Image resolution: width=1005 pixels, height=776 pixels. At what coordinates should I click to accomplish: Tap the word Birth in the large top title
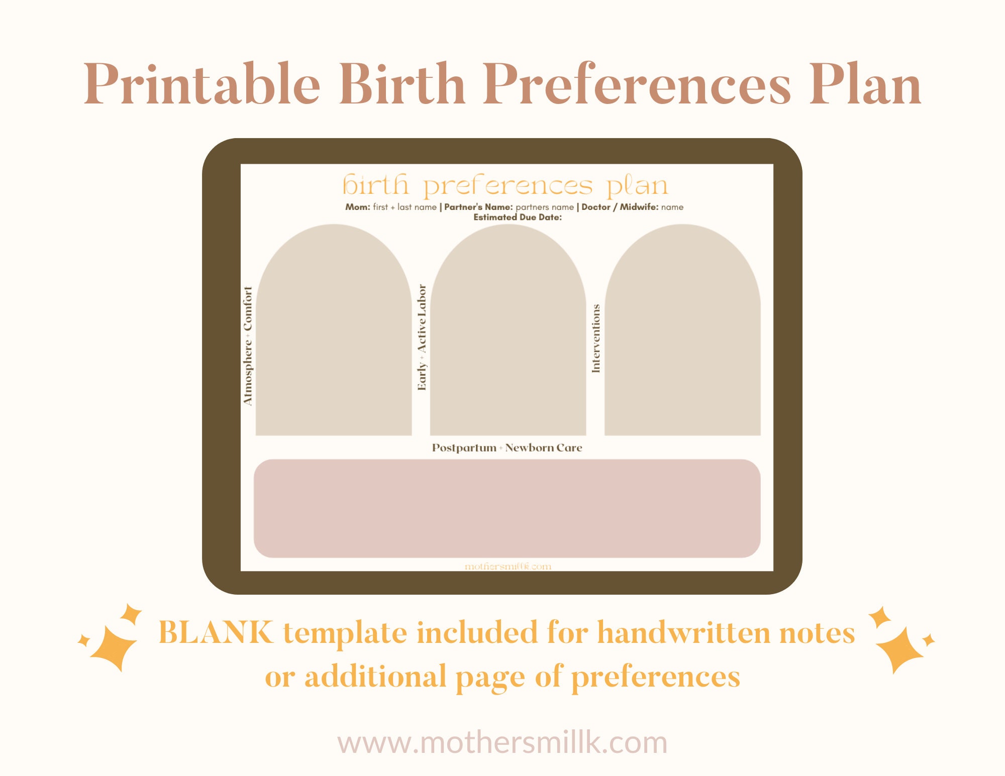pos(402,84)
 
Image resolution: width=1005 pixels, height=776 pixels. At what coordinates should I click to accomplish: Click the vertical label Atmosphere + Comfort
pos(248,346)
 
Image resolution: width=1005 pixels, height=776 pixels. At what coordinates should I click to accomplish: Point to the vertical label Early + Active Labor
pos(422,338)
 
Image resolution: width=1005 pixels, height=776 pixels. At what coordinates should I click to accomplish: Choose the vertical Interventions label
pos(596,338)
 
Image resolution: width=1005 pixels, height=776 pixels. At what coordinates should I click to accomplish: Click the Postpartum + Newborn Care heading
pos(507,448)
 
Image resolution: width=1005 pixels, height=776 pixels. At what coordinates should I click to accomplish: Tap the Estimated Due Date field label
pos(518,217)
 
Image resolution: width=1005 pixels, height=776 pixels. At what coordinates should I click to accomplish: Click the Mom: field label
pos(357,207)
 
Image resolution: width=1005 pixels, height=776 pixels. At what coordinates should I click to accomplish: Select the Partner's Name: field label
pos(478,207)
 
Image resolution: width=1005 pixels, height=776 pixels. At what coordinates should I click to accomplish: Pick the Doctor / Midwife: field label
pos(620,207)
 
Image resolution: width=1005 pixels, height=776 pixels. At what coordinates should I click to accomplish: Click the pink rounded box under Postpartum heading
pos(507,508)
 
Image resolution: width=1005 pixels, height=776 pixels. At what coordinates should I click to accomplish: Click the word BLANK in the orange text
pos(216,632)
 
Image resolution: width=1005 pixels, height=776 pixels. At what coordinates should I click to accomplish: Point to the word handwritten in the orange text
pos(684,632)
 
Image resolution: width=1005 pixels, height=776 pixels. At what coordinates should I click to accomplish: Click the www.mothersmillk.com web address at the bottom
pos(502,742)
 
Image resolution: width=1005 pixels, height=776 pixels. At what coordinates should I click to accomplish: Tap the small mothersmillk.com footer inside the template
pos(508,567)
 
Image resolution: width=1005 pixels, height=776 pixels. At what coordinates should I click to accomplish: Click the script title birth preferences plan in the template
pos(506,186)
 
